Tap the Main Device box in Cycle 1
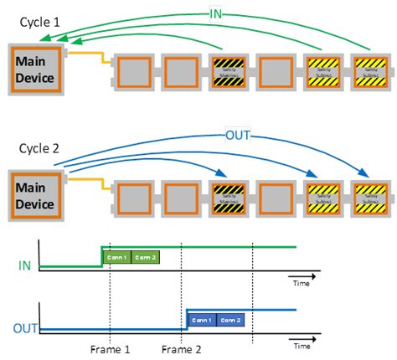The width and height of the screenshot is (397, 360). click(34, 71)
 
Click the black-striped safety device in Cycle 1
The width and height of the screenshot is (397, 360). click(228, 73)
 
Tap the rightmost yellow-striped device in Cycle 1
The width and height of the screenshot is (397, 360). click(369, 73)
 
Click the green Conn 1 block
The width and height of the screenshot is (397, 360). click(116, 256)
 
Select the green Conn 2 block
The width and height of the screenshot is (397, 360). click(145, 256)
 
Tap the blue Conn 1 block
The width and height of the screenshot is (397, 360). click(202, 320)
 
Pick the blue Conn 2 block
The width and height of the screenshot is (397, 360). click(230, 320)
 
